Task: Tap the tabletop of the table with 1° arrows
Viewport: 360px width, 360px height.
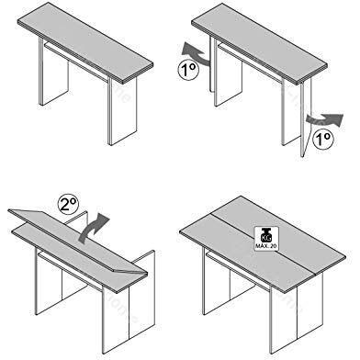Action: [x=262, y=37]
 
